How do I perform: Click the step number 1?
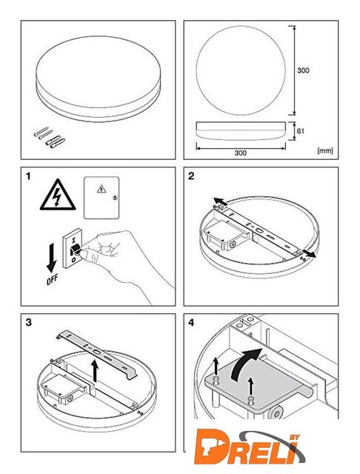coord(28,176)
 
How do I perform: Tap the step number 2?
coord(191,176)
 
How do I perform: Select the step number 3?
coord(28,323)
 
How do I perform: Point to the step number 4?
coord(191,323)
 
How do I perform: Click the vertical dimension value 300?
coord(303,70)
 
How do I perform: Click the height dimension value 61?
coord(301,131)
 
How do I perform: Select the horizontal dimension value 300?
coord(240,153)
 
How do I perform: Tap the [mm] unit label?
coord(325,150)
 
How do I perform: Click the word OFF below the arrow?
coord(52,280)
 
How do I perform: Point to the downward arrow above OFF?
coord(51,258)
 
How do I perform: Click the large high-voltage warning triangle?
coord(58,195)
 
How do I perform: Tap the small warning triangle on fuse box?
coord(101,189)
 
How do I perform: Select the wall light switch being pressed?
coord(73,248)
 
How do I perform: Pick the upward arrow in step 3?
coord(96,370)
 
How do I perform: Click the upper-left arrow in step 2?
coord(220,201)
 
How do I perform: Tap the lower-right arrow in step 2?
coord(308,253)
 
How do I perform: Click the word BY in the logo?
coord(294,437)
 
